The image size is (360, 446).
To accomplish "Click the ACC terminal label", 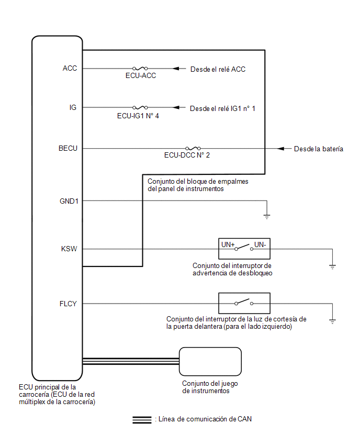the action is pos(70,68).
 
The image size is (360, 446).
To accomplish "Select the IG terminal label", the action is pos(73,107).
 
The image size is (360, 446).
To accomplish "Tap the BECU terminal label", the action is pos(68,149).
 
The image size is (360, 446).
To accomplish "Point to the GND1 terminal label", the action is pos(69,201).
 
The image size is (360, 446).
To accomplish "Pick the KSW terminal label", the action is pos(69,249).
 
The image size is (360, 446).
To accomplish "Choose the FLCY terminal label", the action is pos(68,304).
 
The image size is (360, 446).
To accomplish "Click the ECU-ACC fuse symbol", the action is pos(140,68).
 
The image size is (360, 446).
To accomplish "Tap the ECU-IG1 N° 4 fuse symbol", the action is pos(140,107).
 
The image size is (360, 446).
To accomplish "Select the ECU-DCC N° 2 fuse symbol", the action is pos(193,148).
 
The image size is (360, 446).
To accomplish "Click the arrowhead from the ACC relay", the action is pos(176,69).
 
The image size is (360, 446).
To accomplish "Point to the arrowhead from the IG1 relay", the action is pos(176,107).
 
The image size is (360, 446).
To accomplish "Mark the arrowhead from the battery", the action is pos(280,149).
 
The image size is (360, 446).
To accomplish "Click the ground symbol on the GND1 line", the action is pos(267,217).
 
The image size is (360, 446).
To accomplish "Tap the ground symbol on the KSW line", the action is pos(332,267).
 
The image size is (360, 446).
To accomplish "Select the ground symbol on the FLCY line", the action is pos(332,321).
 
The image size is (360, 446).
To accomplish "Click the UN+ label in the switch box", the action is pos(228,244).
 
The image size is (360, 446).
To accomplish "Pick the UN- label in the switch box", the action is pos(260,244).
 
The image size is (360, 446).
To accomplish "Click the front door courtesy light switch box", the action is pos(244,293).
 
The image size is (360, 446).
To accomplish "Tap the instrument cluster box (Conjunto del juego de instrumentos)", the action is pos(210,348).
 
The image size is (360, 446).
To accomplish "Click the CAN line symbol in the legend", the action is pos(142,420).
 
